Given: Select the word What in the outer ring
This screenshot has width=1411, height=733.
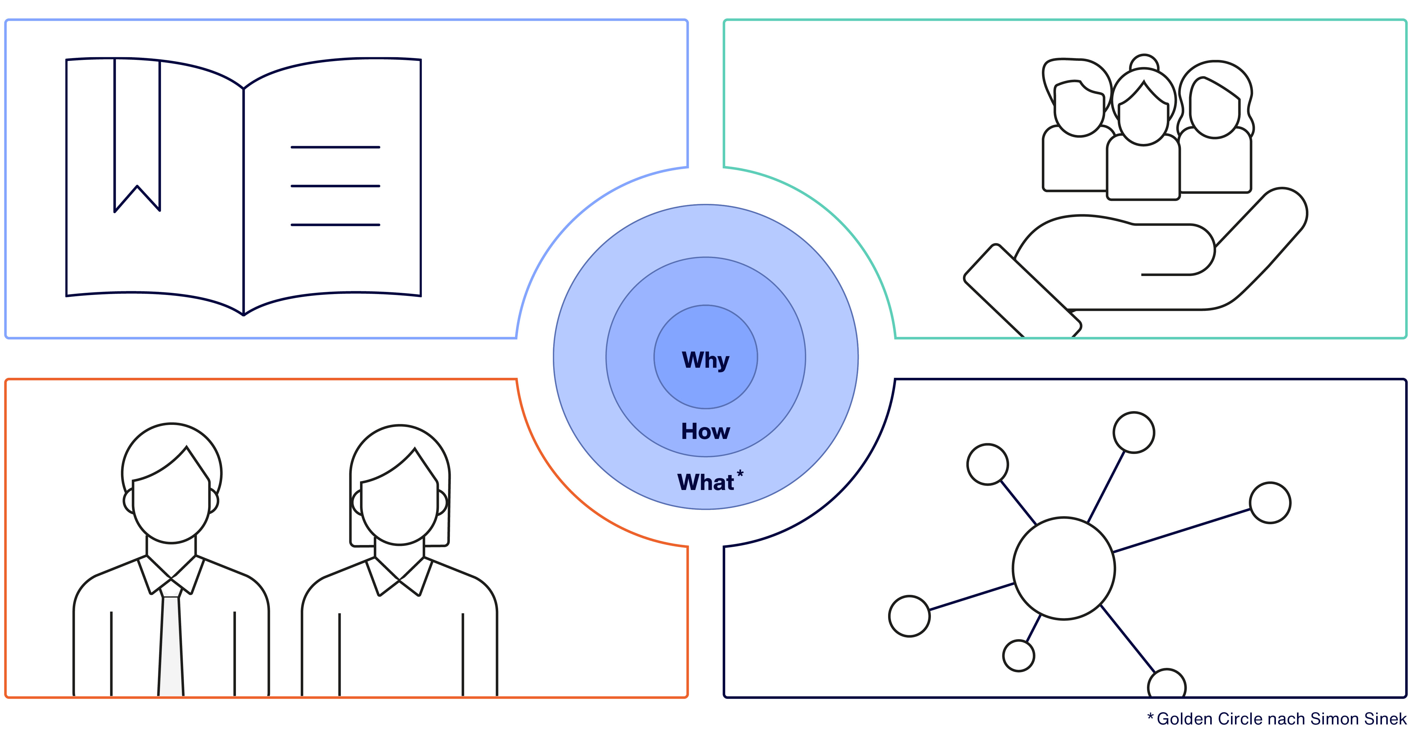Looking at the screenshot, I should (x=705, y=482).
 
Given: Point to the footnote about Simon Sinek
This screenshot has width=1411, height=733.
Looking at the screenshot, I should (x=1276, y=719).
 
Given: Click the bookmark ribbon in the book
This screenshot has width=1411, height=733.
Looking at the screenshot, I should (x=137, y=131).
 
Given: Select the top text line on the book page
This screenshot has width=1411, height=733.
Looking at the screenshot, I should (x=335, y=147).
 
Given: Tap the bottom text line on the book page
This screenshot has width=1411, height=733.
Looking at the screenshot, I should (x=335, y=225).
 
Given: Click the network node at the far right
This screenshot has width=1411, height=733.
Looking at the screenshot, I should (x=1270, y=502).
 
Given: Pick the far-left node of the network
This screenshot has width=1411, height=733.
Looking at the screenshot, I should (x=909, y=616).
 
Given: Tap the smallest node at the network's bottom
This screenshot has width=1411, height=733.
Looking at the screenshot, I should (x=1018, y=655).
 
